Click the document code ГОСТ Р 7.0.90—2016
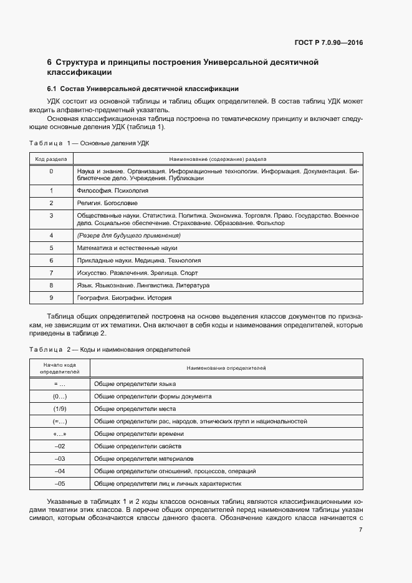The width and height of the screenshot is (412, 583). (x=328, y=43)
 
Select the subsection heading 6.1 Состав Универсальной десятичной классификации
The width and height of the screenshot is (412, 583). (x=143, y=89)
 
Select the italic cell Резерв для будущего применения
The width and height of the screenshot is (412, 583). (x=128, y=235)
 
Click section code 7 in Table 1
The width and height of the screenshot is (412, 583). (x=51, y=272)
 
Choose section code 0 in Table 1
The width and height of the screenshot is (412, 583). (x=51, y=171)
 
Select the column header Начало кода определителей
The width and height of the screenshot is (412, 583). (x=60, y=368)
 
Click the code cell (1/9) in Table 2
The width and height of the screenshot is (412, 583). (x=60, y=408)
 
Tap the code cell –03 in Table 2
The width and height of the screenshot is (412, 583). (x=60, y=458)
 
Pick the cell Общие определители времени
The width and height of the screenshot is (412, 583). (x=139, y=433)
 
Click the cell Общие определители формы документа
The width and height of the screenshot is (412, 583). (x=153, y=396)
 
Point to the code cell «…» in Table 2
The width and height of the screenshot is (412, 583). (x=60, y=433)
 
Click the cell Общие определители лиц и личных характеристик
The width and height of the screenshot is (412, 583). (x=167, y=483)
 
